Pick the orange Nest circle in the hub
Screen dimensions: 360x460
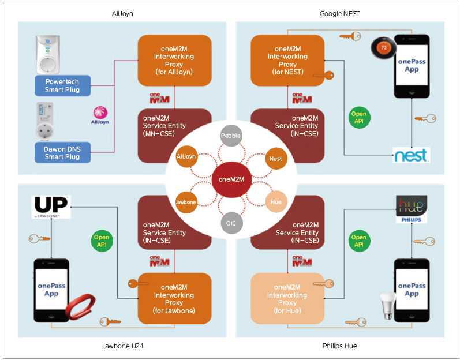coord(275,157)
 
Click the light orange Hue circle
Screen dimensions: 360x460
coord(275,201)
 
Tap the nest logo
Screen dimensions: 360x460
coord(410,155)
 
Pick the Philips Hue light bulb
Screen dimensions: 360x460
coord(385,304)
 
